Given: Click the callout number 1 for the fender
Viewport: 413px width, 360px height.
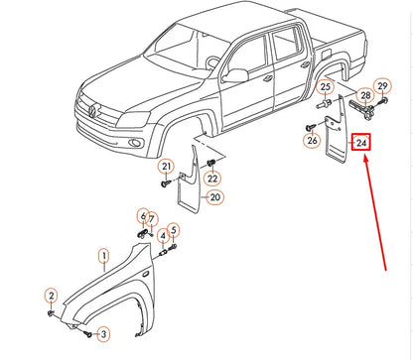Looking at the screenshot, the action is pos(104,256).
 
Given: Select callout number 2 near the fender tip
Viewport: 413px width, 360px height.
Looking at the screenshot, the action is pos(51,296).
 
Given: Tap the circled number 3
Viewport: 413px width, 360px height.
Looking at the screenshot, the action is pos(103,334).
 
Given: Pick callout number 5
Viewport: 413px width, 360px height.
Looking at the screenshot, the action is pos(174,230).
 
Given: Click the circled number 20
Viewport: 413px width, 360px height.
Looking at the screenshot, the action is pos(215,197).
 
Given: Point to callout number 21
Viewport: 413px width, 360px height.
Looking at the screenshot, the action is pos(166,166).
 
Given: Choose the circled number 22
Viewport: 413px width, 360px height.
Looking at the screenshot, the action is pos(212,179).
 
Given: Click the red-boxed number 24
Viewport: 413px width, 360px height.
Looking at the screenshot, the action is pos(361,143).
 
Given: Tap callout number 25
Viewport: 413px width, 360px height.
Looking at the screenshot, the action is pos(326,87).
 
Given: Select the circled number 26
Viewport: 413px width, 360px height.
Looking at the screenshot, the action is pos(312,141).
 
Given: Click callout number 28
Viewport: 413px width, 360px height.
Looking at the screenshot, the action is pos(365,95).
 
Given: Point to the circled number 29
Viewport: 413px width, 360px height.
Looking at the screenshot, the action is pos(382,86).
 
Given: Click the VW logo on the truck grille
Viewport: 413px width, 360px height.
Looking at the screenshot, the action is pos(93,110).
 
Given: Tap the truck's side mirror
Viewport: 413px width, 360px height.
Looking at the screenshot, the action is pos(235,75).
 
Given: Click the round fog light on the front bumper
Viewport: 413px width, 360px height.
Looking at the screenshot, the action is pos(136,143).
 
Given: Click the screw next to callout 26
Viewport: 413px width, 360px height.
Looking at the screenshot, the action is pos(311,127).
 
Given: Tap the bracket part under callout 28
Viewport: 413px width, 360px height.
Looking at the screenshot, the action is pos(361,109).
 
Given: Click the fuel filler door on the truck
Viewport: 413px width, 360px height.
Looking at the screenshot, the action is pos(326,54).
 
